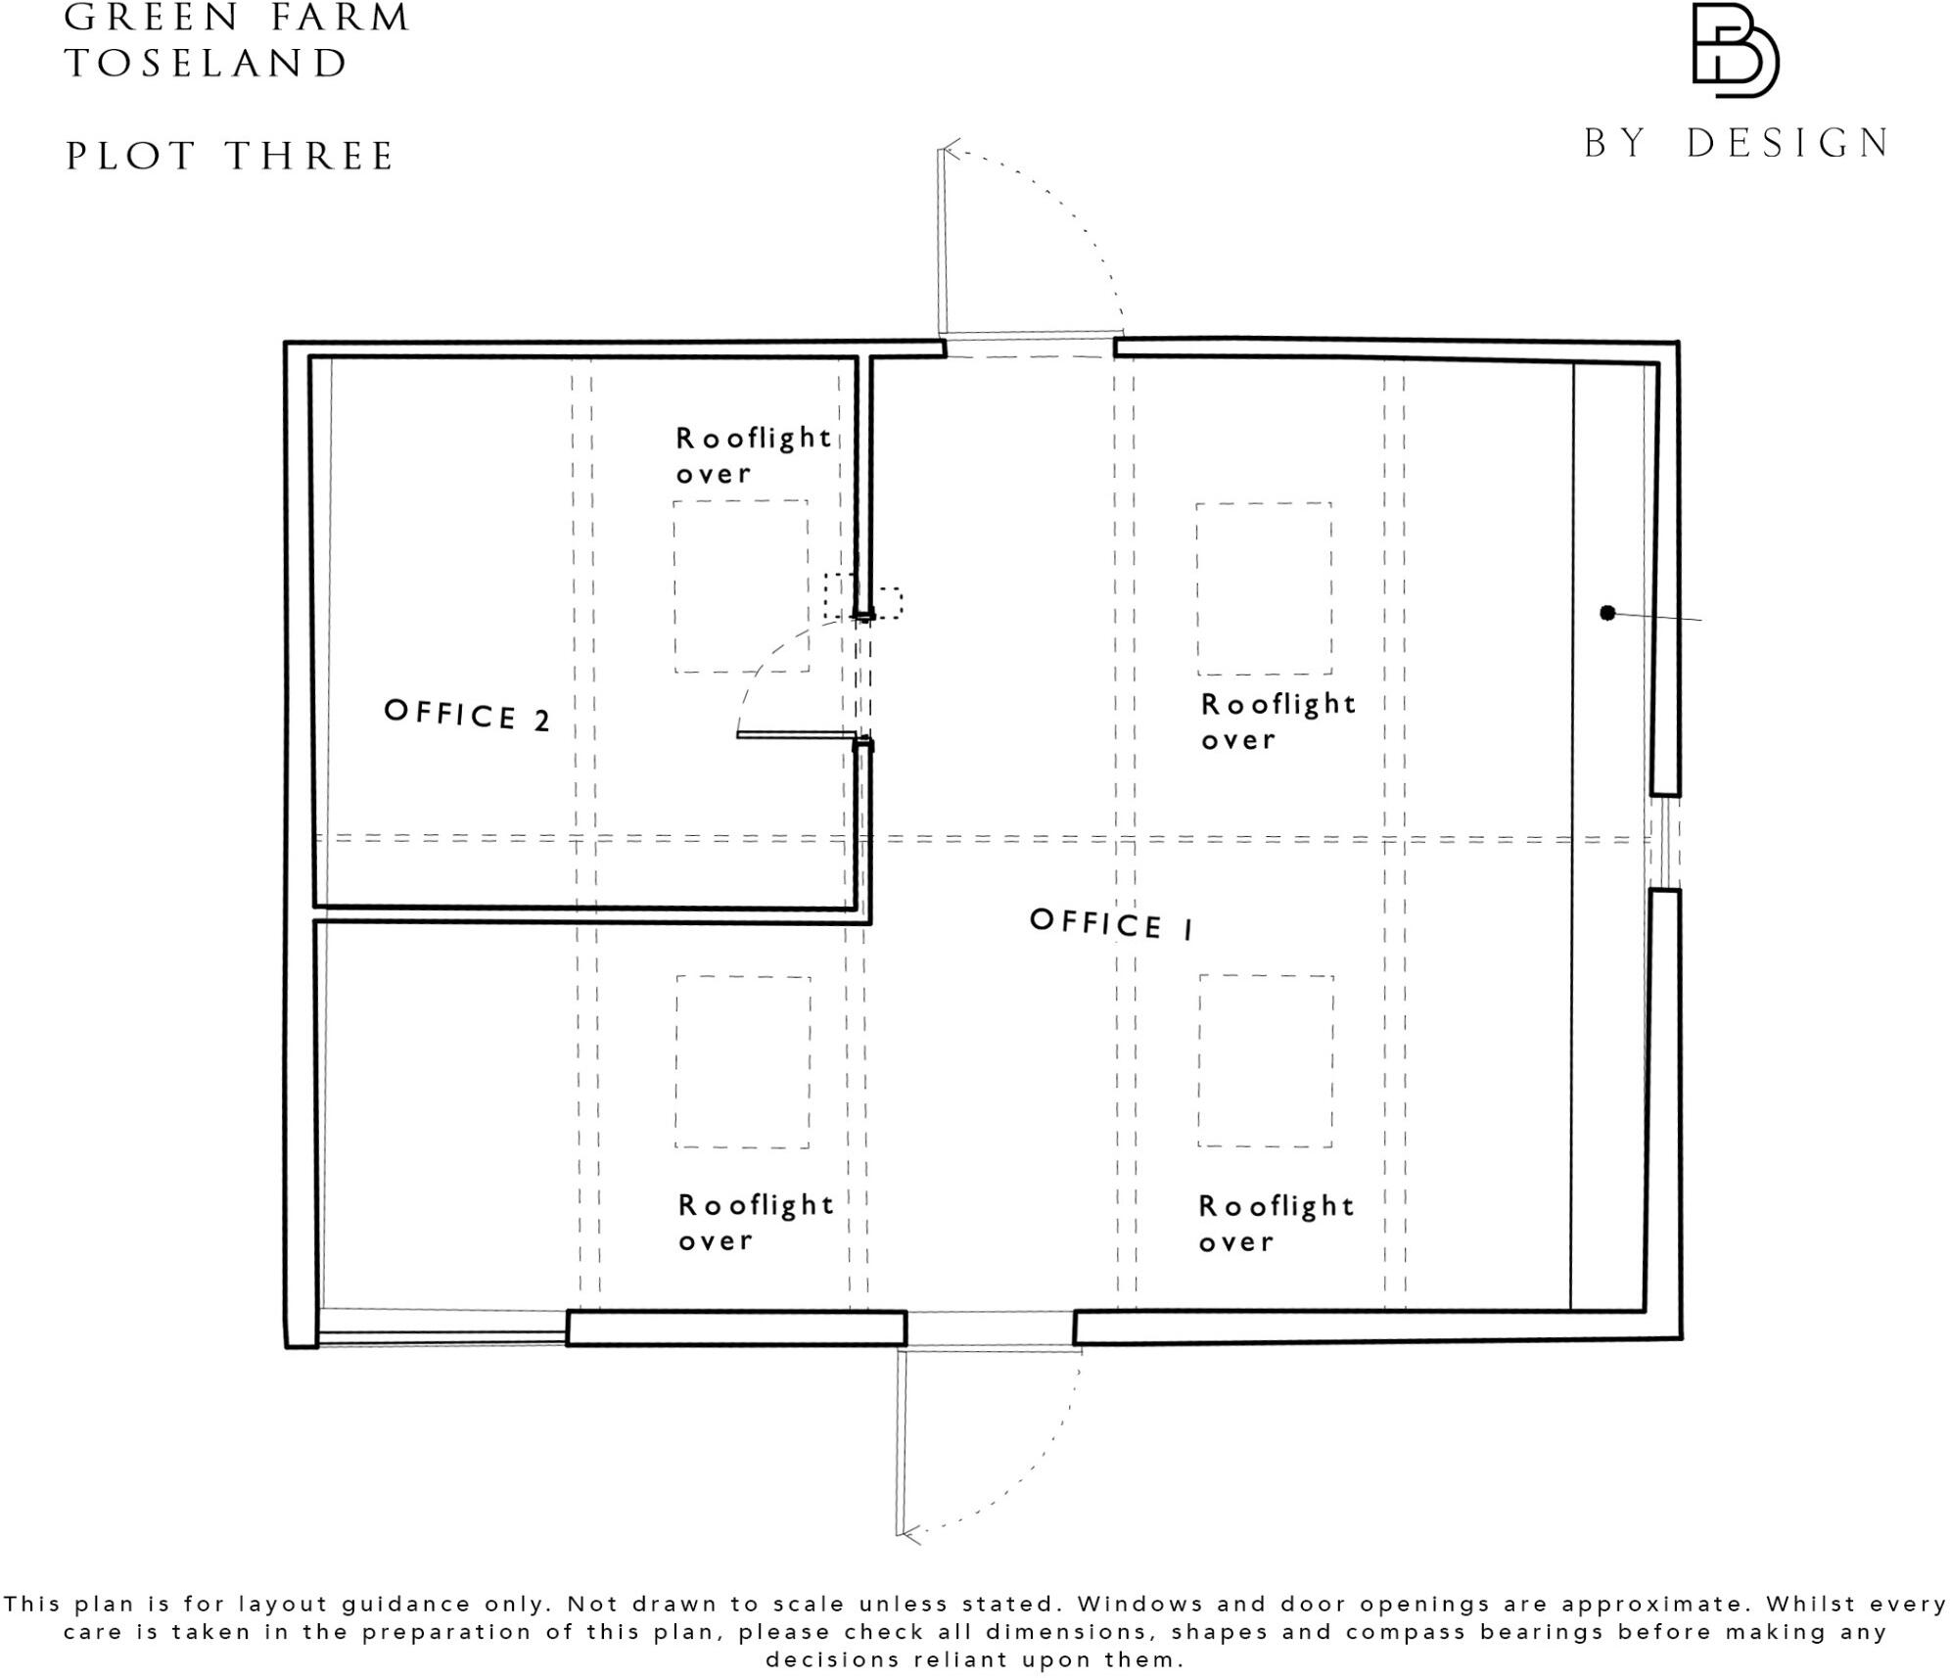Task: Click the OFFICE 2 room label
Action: click(x=467, y=715)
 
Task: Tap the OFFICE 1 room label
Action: click(x=1111, y=923)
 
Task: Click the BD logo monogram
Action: click(x=1734, y=50)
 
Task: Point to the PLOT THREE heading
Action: click(x=229, y=157)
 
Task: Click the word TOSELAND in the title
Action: click(x=207, y=65)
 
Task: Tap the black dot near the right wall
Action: click(x=1606, y=613)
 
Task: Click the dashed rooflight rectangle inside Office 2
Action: click(x=741, y=585)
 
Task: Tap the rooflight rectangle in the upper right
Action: click(x=1264, y=588)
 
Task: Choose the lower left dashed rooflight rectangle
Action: click(x=743, y=1061)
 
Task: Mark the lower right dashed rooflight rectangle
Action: click(x=1266, y=1060)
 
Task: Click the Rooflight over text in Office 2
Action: click(x=753, y=455)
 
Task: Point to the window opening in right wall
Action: click(x=1664, y=842)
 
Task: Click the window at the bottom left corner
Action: click(x=441, y=1337)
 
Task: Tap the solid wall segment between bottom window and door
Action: click(x=736, y=1328)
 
